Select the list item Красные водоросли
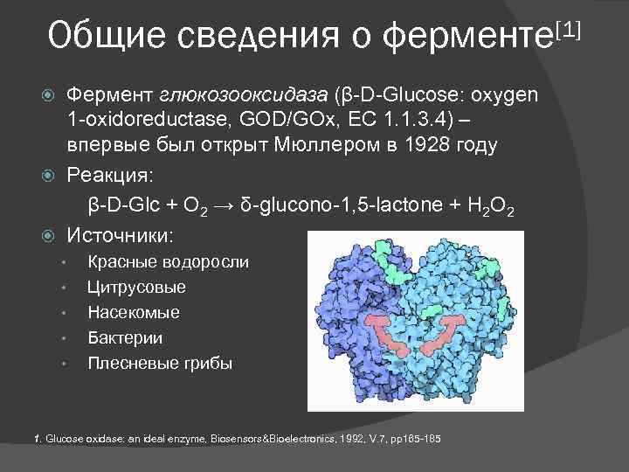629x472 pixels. click(168, 262)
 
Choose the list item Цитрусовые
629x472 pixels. click(136, 288)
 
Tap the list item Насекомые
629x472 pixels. click(134, 312)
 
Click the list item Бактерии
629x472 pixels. click(125, 337)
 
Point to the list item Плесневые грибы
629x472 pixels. click(160, 363)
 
